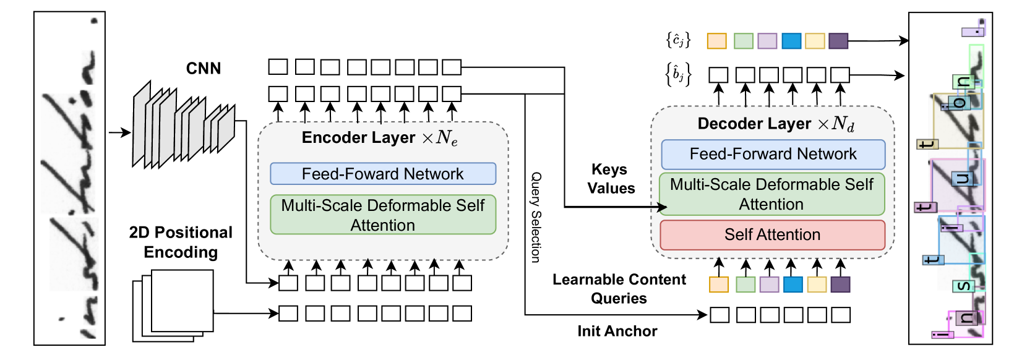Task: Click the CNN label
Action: pyautogui.click(x=204, y=69)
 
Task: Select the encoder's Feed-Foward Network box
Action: pyautogui.click(x=383, y=174)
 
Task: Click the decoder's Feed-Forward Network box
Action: pyautogui.click(x=773, y=154)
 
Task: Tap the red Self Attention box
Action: pyautogui.click(x=773, y=235)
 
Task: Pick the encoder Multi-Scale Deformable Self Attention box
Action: pyautogui.click(x=383, y=215)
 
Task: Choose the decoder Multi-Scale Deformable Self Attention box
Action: pyautogui.click(x=771, y=194)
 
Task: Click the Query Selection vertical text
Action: pyautogui.click(x=536, y=217)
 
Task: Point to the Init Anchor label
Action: pyautogui.click(x=617, y=332)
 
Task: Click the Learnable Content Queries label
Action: pyautogui.click(x=619, y=289)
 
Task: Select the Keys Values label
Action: pyautogui.click(x=611, y=179)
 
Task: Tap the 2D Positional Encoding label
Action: pyautogui.click(x=181, y=242)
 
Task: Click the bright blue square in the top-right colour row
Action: pyautogui.click(x=791, y=41)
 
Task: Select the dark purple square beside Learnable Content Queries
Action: pyautogui.click(x=840, y=285)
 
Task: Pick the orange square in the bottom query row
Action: pyautogui.click(x=718, y=285)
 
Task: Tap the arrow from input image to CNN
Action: pyautogui.click(x=119, y=132)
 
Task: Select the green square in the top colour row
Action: pyautogui.click(x=743, y=41)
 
